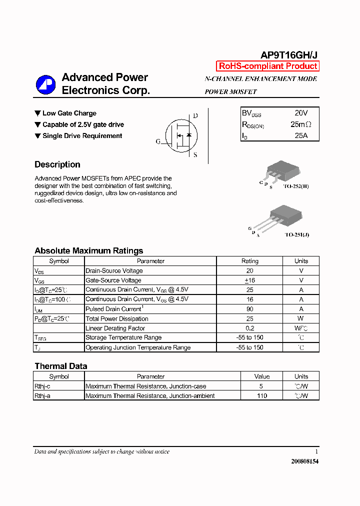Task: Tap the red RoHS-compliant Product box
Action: click(x=267, y=66)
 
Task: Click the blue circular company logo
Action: click(x=45, y=84)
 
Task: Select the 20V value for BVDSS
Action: click(x=301, y=113)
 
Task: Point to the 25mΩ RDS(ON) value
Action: click(x=301, y=124)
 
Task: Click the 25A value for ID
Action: click(x=301, y=135)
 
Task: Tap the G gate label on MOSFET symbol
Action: click(x=158, y=141)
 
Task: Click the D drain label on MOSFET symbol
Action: click(x=195, y=116)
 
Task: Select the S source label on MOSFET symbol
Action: click(x=195, y=155)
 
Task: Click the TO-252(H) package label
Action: click(x=296, y=186)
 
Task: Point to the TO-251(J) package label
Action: click(x=296, y=234)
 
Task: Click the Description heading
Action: click(x=57, y=164)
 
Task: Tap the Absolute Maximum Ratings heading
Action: click(x=88, y=251)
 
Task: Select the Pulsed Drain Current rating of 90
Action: click(x=249, y=309)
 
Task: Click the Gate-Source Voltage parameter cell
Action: click(x=113, y=280)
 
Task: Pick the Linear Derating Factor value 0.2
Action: click(x=249, y=328)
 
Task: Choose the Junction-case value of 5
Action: click(x=261, y=386)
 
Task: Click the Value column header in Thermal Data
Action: click(x=261, y=376)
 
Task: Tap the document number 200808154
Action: click(x=304, y=461)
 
